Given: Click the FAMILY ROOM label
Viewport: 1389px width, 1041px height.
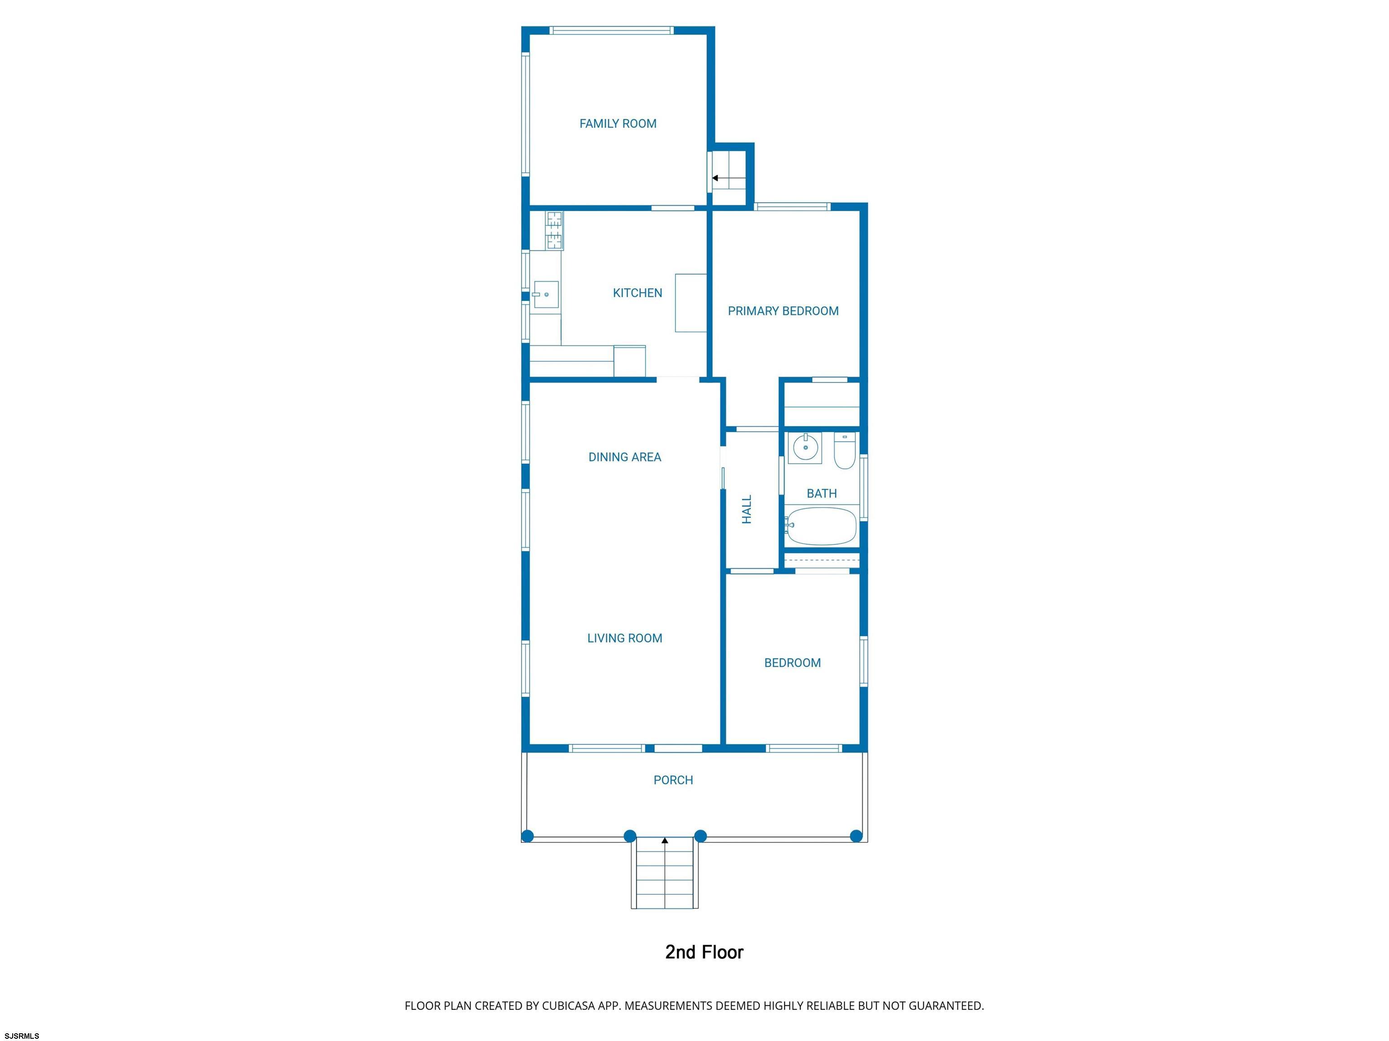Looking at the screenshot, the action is [618, 124].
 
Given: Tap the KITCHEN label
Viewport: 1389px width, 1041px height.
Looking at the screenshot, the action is [638, 292].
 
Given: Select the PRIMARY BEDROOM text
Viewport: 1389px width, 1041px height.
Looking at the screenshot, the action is [783, 311].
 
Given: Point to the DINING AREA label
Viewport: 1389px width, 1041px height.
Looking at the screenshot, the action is [625, 457].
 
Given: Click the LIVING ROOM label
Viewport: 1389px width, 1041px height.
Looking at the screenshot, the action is [625, 638].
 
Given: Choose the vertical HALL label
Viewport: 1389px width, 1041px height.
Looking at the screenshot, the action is [746, 509].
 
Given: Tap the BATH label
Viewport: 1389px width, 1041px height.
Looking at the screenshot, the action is [822, 494].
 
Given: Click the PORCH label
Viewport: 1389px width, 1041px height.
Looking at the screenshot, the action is [673, 780].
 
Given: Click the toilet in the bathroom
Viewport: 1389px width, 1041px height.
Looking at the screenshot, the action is [845, 451].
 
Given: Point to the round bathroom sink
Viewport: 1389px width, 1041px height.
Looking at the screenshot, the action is [805, 447].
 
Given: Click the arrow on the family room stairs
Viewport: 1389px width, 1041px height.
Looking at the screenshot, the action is [728, 178].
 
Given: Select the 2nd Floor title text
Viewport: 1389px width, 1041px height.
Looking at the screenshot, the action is [704, 952].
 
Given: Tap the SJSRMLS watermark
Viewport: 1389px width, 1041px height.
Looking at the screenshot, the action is [22, 1035].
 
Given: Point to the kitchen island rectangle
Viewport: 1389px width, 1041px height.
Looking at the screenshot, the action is [691, 303].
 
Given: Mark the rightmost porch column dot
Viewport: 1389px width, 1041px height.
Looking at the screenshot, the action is [856, 836].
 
